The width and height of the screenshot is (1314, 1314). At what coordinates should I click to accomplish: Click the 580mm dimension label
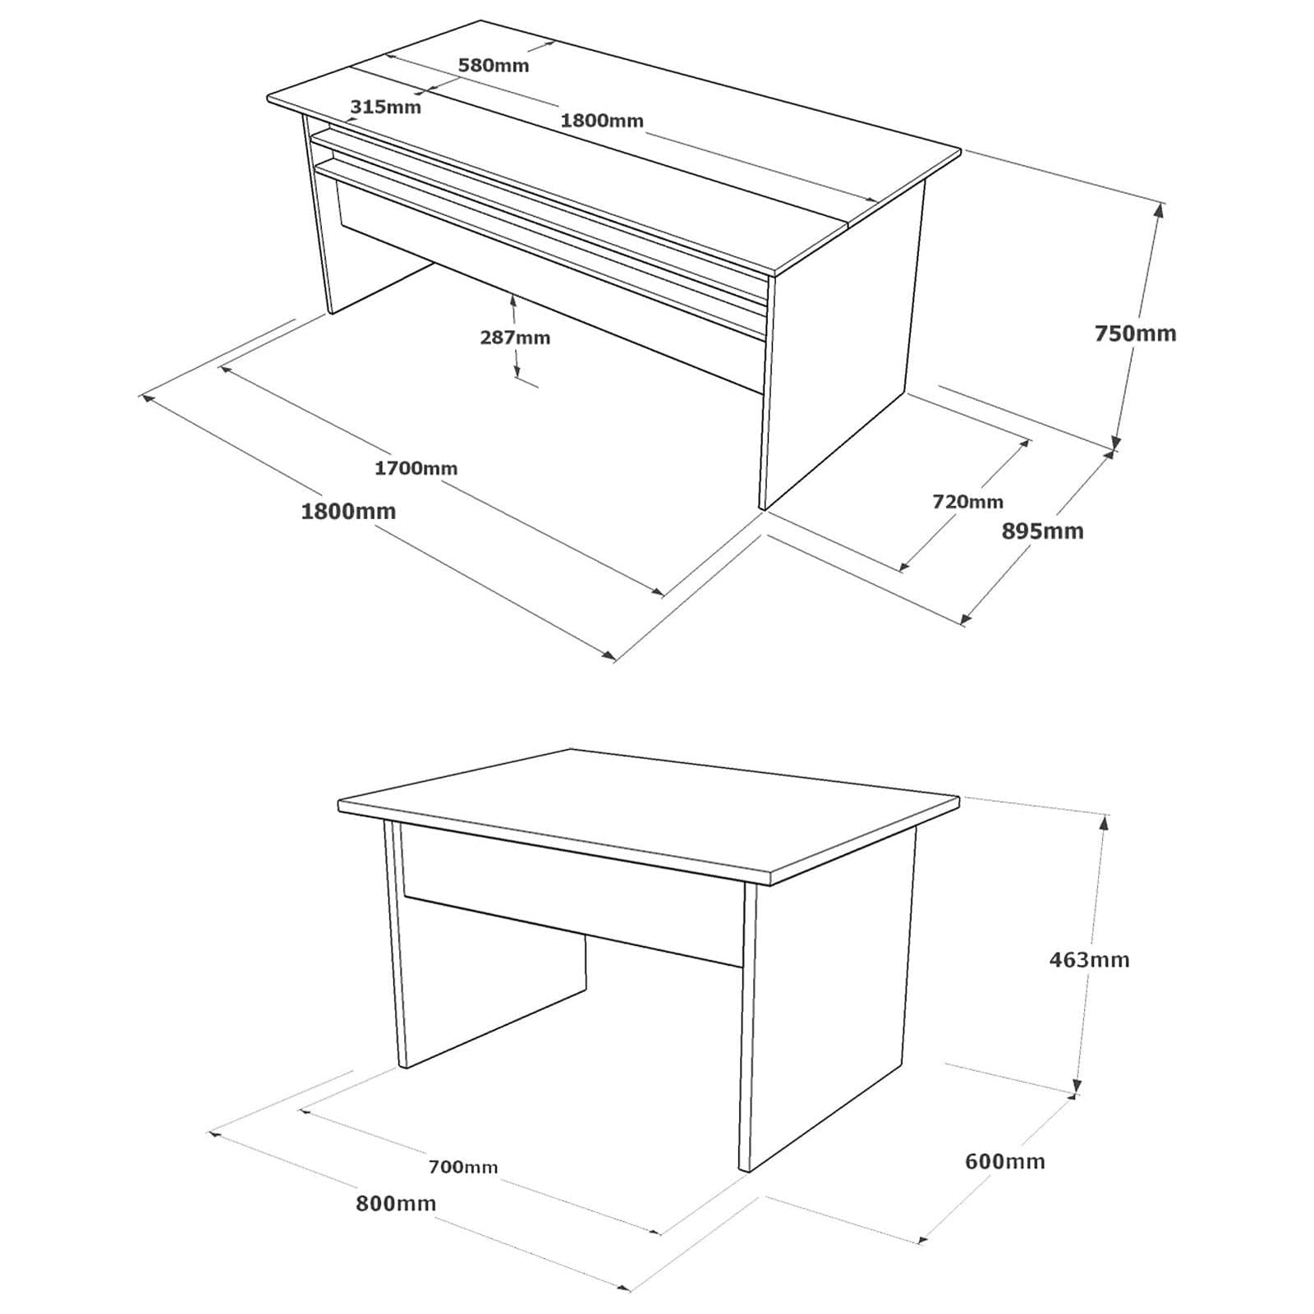click(x=494, y=66)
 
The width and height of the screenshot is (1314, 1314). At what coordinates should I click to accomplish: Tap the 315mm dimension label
click(x=385, y=107)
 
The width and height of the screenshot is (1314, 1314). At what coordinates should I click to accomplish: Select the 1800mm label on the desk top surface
click(x=602, y=121)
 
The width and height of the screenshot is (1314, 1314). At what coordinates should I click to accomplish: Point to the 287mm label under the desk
click(x=515, y=338)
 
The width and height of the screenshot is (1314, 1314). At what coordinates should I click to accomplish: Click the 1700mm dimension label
click(x=416, y=468)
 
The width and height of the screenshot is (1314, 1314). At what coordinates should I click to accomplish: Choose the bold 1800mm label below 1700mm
click(x=348, y=512)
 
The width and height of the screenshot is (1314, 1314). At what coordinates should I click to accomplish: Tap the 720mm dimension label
click(x=967, y=501)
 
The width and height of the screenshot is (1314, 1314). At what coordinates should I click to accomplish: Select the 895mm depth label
click(x=1042, y=531)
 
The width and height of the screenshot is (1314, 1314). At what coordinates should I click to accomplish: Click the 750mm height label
click(x=1135, y=333)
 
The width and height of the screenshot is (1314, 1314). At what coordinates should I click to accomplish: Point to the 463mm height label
click(x=1089, y=959)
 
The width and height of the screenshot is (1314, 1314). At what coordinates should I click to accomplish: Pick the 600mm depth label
click(x=1004, y=1161)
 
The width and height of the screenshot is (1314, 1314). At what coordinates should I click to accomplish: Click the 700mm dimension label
click(x=462, y=1166)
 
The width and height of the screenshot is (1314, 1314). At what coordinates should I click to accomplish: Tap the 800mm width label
click(x=396, y=1203)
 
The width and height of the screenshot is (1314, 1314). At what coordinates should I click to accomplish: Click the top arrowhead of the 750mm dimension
click(x=1159, y=210)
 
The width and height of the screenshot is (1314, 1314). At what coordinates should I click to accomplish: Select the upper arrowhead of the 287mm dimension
click(x=513, y=302)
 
